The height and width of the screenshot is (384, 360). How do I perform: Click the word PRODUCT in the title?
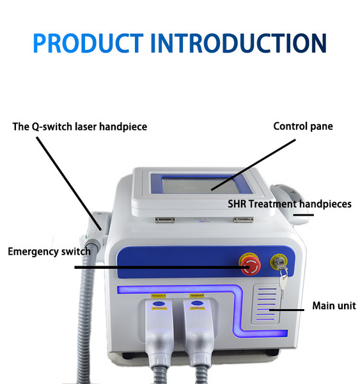(x=88, y=43)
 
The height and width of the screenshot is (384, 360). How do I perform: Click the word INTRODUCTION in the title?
(x=239, y=43)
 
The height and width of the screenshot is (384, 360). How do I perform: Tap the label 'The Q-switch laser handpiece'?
(x=80, y=127)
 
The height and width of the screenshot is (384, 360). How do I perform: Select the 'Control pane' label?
(x=303, y=126)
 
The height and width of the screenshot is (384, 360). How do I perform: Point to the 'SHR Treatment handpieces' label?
(x=290, y=204)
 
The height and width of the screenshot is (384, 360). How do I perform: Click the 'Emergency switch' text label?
(x=49, y=252)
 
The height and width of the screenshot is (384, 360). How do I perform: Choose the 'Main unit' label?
(x=334, y=306)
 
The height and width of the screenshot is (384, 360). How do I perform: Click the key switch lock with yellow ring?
(x=279, y=262)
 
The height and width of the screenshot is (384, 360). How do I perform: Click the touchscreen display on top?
(x=200, y=185)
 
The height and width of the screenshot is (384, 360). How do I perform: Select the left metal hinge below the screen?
(x=165, y=220)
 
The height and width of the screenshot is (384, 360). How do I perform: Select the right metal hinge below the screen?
(x=243, y=220)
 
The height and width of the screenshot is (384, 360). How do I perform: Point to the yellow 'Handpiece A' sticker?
(x=159, y=296)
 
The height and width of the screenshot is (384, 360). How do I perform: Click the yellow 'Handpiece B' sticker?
(x=197, y=296)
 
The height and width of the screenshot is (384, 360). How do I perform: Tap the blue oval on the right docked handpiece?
(x=197, y=303)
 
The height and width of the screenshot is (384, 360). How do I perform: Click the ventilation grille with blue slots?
(x=266, y=304)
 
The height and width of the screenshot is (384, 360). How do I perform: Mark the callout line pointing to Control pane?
(x=253, y=165)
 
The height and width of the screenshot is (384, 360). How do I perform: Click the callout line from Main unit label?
(x=286, y=310)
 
